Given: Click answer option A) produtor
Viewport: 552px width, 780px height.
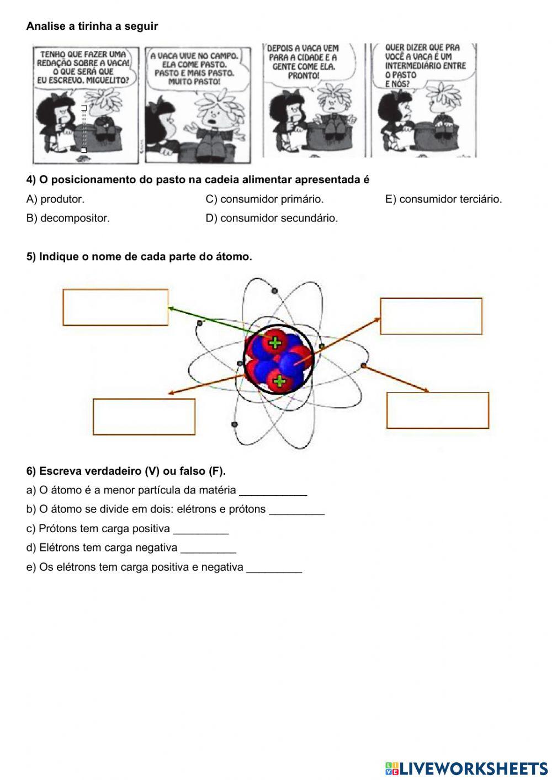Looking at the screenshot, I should tap(55, 199).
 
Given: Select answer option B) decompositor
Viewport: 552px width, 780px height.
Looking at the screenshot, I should tap(68, 218).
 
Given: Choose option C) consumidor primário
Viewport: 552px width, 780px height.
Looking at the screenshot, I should tap(264, 199).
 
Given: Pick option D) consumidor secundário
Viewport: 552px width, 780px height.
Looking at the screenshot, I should tap(272, 218).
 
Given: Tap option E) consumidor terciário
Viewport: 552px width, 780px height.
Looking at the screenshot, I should tap(443, 199).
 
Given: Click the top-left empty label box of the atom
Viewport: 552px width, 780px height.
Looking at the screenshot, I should tap(115, 307).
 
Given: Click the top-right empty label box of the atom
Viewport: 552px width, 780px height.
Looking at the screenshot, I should tap(431, 316).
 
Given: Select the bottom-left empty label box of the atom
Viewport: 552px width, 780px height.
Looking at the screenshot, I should tap(144, 417).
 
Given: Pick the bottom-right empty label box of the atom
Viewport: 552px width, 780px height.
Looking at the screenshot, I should tap(438, 410).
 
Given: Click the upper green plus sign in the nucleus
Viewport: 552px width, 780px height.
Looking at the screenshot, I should tap(274, 343).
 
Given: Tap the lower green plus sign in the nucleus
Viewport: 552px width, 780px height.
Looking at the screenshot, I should tap(280, 380).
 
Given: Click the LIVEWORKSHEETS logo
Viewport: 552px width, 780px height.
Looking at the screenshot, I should tap(466, 768).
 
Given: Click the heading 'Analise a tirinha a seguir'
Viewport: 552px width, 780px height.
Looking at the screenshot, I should tap(92, 26).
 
